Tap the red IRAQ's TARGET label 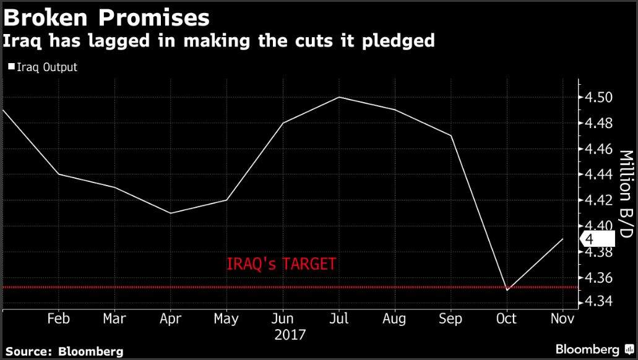coord(282,264)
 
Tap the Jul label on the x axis coord(338,319)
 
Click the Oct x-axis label coord(507,319)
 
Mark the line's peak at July coord(338,97)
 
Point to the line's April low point coord(170,213)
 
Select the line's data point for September coord(451,135)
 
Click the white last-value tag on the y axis coord(597,239)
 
